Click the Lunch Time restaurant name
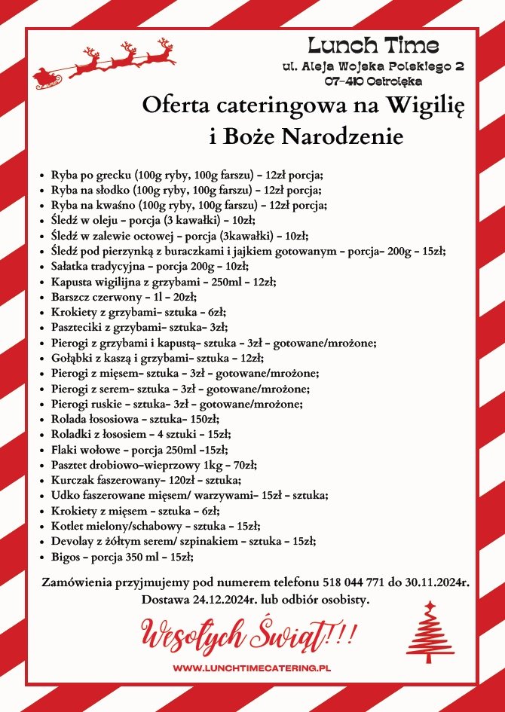373,44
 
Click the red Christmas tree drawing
430,632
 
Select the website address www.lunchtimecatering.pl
252,668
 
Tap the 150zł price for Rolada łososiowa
199,419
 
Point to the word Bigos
66,556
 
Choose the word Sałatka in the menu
71,266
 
